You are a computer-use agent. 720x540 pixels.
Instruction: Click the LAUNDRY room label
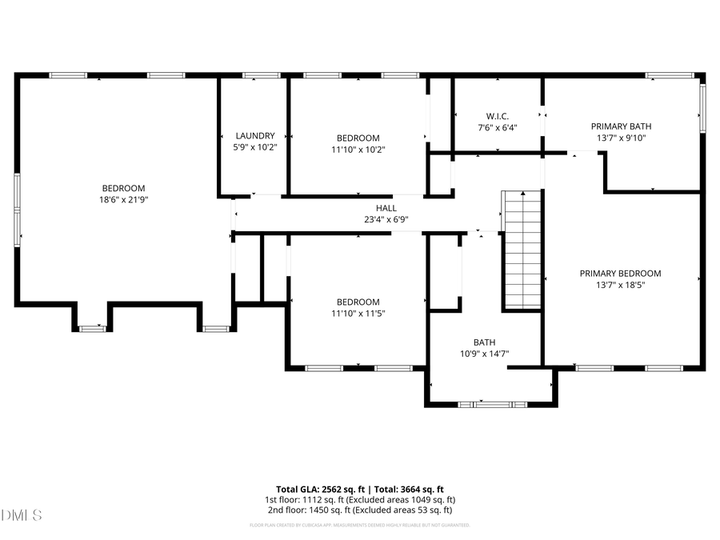(x=255, y=136)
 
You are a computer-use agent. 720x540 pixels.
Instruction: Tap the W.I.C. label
(x=498, y=116)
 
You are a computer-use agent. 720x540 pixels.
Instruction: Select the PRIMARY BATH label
(x=621, y=126)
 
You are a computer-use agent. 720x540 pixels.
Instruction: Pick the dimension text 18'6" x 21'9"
(x=123, y=199)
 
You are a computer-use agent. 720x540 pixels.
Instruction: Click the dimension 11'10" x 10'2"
(x=358, y=149)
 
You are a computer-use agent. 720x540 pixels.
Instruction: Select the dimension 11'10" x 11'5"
(x=358, y=313)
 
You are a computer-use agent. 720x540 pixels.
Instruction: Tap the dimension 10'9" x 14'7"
(x=485, y=353)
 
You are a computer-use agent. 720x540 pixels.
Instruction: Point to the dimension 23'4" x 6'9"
(x=386, y=219)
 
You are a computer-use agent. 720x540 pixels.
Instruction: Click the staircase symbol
(x=522, y=250)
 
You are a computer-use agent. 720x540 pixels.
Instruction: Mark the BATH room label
(x=484, y=342)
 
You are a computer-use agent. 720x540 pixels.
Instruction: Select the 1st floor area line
(x=360, y=499)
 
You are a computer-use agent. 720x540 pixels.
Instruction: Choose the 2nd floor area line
(x=360, y=510)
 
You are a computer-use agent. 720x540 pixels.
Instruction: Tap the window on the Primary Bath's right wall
(x=703, y=109)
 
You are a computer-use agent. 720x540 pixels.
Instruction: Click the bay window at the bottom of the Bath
(x=492, y=404)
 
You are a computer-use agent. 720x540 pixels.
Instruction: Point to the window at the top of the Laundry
(x=256, y=75)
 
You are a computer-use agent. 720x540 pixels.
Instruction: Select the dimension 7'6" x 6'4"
(x=498, y=127)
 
